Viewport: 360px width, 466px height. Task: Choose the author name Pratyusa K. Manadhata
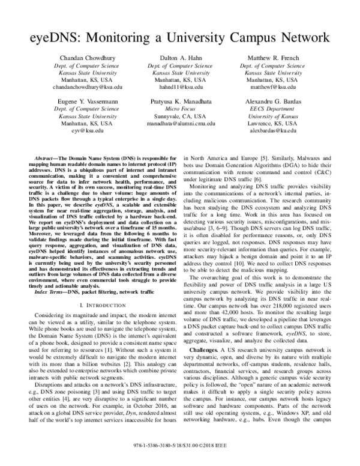[179, 103]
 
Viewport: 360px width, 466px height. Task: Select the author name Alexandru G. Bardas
[280, 103]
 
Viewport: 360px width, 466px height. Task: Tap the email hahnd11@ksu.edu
[179, 87]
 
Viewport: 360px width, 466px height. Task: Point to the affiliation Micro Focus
[179, 111]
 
